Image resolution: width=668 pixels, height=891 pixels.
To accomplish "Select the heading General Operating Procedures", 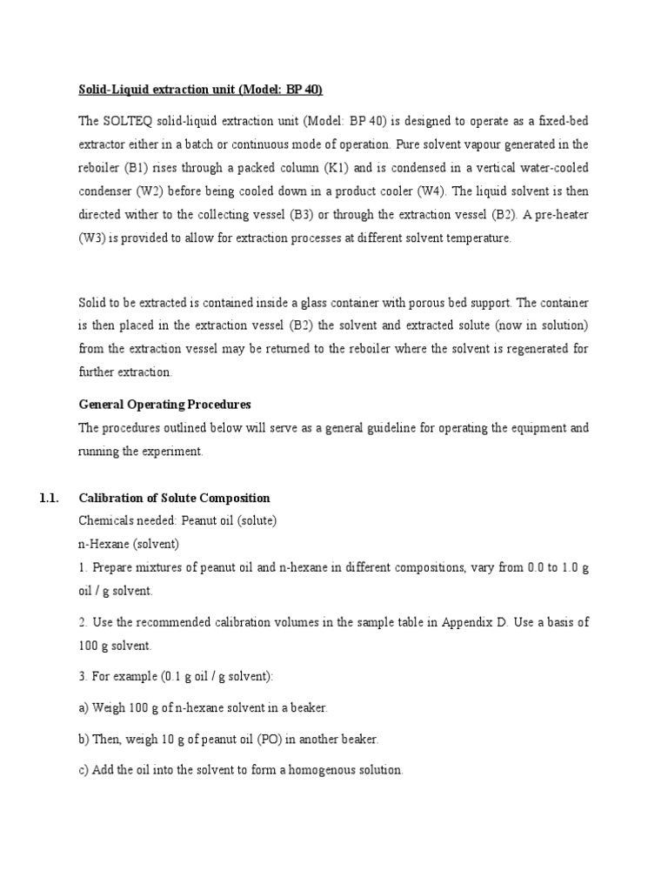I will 165,405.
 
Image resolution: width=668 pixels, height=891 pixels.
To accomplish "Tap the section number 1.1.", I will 48,498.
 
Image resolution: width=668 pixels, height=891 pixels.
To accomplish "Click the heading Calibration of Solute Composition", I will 174,498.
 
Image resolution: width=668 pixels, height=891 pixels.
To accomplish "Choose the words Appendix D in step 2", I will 469,622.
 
